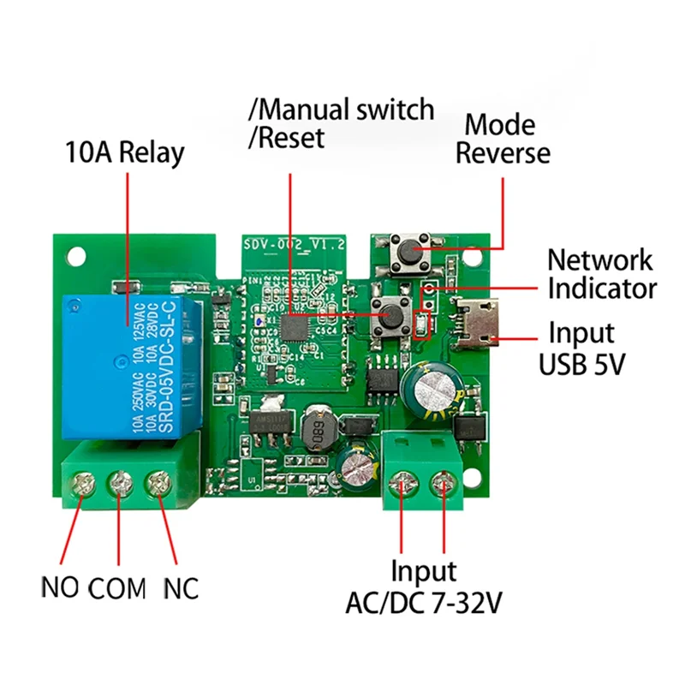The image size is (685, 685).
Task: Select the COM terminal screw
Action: tap(119, 485)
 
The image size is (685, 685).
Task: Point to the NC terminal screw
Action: tap(158, 485)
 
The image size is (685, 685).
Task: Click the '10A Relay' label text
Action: tap(125, 153)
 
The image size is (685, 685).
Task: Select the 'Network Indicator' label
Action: tap(602, 273)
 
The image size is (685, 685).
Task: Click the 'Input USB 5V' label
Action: tap(582, 347)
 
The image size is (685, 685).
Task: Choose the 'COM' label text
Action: tap(118, 588)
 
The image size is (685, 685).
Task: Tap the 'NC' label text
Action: tap(179, 588)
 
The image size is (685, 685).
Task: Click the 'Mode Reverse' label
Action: tap(503, 139)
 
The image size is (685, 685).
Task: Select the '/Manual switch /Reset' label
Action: tap(341, 122)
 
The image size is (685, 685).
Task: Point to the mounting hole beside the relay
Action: tap(77, 255)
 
